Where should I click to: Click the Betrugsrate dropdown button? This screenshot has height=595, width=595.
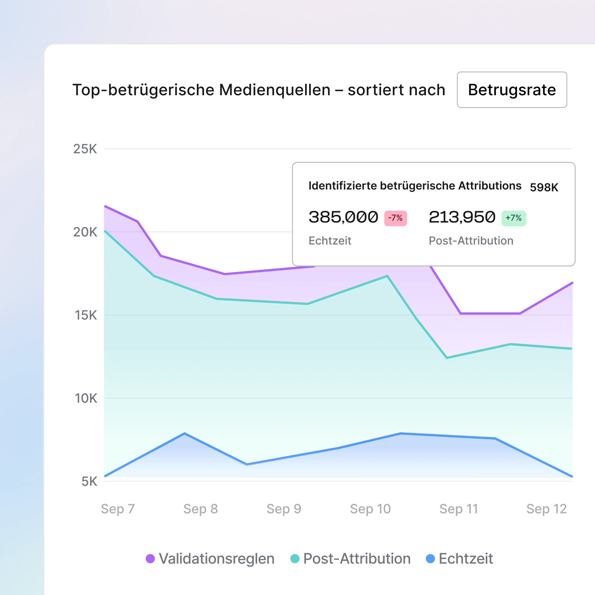pyautogui.click(x=511, y=90)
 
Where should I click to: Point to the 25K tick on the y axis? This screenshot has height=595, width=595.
pyautogui.click(x=85, y=149)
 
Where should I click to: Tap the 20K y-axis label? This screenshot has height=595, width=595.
pyautogui.click(x=85, y=232)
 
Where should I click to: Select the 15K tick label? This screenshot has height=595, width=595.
pyautogui.click(x=86, y=316)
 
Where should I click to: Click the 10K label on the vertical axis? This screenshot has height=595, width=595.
pyautogui.click(x=86, y=398)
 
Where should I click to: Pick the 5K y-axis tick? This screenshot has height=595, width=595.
pyautogui.click(x=89, y=482)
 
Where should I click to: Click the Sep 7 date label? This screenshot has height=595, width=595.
pyautogui.click(x=118, y=509)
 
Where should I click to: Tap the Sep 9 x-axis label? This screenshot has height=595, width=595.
pyautogui.click(x=284, y=509)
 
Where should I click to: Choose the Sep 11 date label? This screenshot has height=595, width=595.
pyautogui.click(x=459, y=509)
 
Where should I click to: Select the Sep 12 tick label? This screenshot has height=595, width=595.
pyautogui.click(x=546, y=509)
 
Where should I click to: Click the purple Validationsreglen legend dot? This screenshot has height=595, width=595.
pyautogui.click(x=150, y=559)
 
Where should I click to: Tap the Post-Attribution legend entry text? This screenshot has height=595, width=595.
pyautogui.click(x=357, y=559)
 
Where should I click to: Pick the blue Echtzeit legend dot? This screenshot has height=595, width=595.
pyautogui.click(x=430, y=559)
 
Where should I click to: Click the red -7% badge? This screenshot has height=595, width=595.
pyautogui.click(x=395, y=218)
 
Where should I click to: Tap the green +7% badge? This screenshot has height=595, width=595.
pyautogui.click(x=514, y=218)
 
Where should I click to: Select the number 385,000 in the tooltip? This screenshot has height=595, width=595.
pyautogui.click(x=343, y=217)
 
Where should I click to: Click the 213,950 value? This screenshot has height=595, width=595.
pyautogui.click(x=462, y=217)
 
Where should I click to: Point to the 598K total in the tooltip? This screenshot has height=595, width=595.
pyautogui.click(x=544, y=187)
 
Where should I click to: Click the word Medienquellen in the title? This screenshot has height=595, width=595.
pyautogui.click(x=275, y=90)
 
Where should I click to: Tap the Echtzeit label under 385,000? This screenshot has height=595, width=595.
pyautogui.click(x=330, y=241)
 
